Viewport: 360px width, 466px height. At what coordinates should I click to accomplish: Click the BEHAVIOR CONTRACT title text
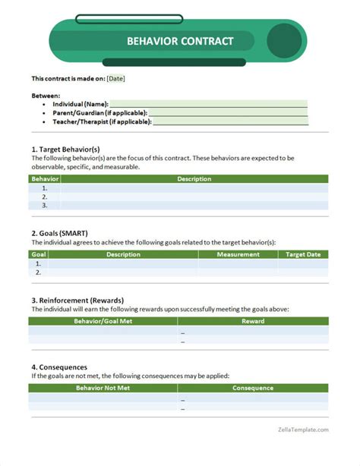pyautogui.click(x=180, y=42)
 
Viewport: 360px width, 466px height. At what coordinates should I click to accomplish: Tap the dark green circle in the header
pyautogui.click(x=285, y=42)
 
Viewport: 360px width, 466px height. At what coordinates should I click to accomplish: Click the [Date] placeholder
pyautogui.click(x=116, y=78)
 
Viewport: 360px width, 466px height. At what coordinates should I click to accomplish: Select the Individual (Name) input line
pyautogui.click(x=209, y=104)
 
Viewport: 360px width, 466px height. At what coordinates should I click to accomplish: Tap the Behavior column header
pyautogui.click(x=45, y=179)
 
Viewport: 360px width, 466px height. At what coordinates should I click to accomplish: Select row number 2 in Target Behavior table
pyautogui.click(x=45, y=196)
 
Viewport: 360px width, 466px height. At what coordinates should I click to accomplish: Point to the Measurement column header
pyautogui.click(x=238, y=255)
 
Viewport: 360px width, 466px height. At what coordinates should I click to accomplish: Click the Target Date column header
pyautogui.click(x=303, y=255)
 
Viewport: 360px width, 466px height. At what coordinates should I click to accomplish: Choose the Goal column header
pyautogui.click(x=39, y=255)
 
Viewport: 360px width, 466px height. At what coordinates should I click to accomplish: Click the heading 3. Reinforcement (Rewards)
pyautogui.click(x=77, y=300)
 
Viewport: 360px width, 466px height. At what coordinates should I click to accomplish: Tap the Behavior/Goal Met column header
pyautogui.click(x=103, y=321)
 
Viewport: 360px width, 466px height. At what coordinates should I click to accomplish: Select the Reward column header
pyautogui.click(x=253, y=321)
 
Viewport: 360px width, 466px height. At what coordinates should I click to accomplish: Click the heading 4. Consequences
pyautogui.click(x=59, y=367)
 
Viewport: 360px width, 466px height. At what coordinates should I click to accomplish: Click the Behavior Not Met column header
pyautogui.click(x=103, y=388)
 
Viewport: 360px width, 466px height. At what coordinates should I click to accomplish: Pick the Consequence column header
pyautogui.click(x=253, y=388)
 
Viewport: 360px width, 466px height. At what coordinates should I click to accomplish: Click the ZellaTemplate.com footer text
pyautogui.click(x=302, y=430)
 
